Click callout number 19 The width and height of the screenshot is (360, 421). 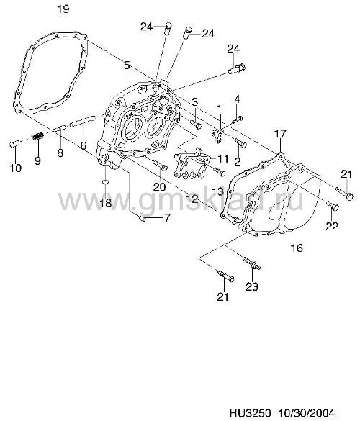[x=63, y=9]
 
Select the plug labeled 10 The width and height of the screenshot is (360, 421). [x=14, y=144]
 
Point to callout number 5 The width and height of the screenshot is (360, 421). [x=127, y=65]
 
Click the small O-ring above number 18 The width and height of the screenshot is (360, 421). [x=106, y=182]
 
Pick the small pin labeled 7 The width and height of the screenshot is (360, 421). [x=143, y=219]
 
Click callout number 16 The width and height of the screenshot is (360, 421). [x=297, y=248]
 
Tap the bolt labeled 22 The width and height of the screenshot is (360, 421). [x=333, y=206]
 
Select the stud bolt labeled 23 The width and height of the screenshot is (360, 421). [x=252, y=263]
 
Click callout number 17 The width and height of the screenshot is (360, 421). [x=281, y=134]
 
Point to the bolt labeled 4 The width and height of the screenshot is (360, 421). [x=237, y=119]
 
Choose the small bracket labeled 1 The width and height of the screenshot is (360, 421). [x=217, y=135]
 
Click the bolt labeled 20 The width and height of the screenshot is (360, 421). [x=160, y=165]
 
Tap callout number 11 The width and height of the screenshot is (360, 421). [x=222, y=158]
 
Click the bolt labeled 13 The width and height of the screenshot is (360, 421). [x=220, y=171]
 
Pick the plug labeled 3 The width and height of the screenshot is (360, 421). [x=196, y=124]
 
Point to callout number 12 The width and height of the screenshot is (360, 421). [x=192, y=199]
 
